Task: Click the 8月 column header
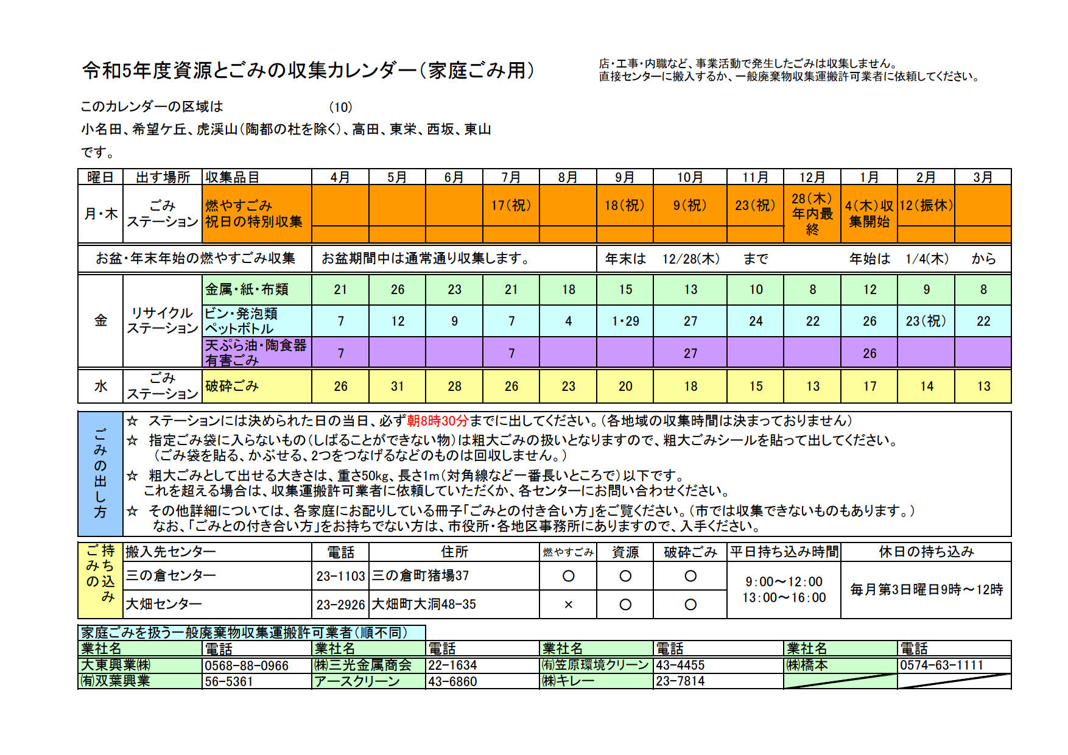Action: pos(568,177)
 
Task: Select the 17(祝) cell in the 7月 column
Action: pos(511,205)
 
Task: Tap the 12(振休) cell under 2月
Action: pos(926,205)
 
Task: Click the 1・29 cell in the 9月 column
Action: pos(625,321)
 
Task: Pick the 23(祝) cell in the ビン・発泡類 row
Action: pos(926,321)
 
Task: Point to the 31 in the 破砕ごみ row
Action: pos(398,386)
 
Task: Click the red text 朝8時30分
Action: pos(438,421)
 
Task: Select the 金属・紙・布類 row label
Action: pos(247,290)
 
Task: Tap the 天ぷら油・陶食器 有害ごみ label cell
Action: pos(256,353)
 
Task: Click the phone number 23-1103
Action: pos(340,576)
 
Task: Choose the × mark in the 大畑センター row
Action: pos(568,605)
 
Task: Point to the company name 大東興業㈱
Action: pos(116,665)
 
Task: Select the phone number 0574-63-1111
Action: pos(941,665)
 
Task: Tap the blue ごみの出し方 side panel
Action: pos(100,473)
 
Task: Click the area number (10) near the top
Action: pos(340,107)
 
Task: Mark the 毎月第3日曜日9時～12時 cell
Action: pos(926,589)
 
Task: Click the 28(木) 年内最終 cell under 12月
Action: pos(812,214)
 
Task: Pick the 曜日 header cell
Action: pos(100,177)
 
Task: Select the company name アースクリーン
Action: pos(357,681)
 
